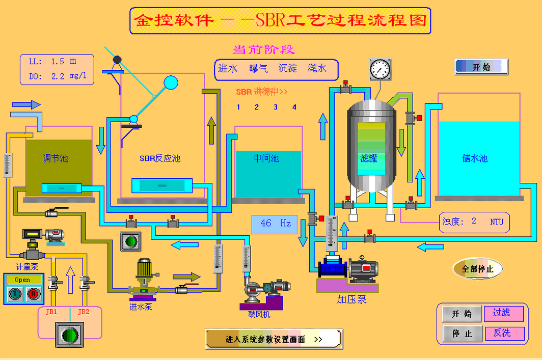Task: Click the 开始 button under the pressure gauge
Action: (481, 67)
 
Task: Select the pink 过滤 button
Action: (504, 313)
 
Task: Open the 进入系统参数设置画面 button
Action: (274, 339)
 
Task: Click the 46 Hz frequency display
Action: (275, 224)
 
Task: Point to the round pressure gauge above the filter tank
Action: (380, 69)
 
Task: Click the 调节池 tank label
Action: (56, 158)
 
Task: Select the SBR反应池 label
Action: (160, 158)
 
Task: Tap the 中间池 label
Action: (266, 158)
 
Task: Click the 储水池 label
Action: (475, 158)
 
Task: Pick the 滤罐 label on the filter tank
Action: (369, 158)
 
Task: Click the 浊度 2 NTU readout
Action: (474, 221)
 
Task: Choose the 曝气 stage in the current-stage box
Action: (258, 68)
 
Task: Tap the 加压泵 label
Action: (351, 299)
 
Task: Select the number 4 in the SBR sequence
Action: (294, 107)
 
